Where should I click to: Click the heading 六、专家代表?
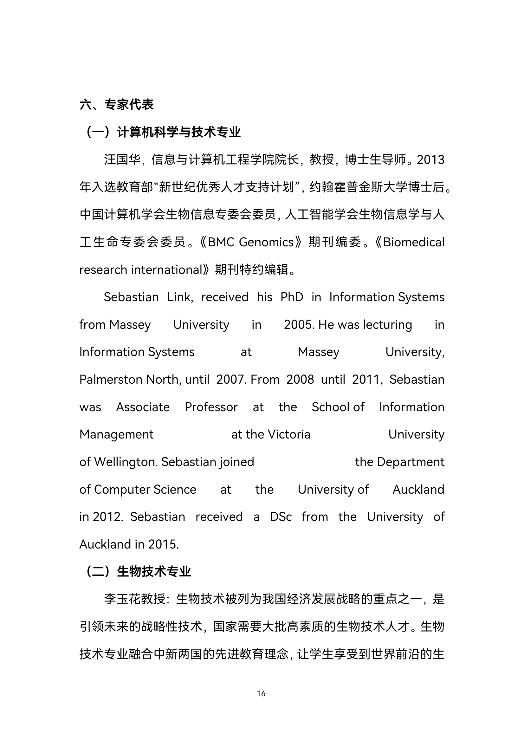click(116, 105)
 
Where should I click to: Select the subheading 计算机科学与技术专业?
click(178, 132)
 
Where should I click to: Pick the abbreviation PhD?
click(292, 297)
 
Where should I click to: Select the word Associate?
click(143, 407)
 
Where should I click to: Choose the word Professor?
click(211, 407)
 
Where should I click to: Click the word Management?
click(116, 434)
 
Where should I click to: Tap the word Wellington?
click(126, 462)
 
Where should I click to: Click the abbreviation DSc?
click(281, 517)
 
